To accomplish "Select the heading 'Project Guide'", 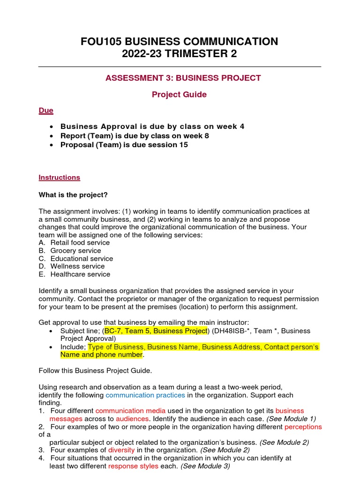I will [x=179, y=94].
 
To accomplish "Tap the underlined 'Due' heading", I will [x=45, y=111].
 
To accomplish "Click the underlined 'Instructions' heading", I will [x=59, y=178].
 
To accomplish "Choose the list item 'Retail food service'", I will [x=80, y=243].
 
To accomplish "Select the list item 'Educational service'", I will [x=82, y=259].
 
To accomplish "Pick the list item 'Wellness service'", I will [x=77, y=266].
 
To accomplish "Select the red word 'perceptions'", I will [x=304, y=427].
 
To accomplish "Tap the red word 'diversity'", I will [x=121, y=450].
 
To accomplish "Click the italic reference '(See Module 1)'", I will [x=291, y=419].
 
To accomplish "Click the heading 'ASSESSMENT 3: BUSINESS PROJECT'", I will [x=183, y=78].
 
